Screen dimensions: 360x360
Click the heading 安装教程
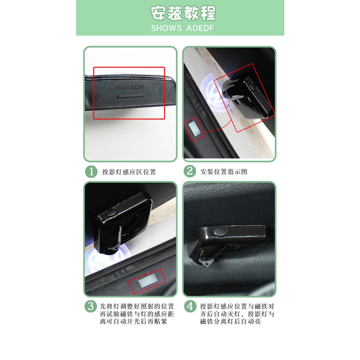pos(180,14)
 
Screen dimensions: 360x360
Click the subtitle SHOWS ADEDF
pos(180,28)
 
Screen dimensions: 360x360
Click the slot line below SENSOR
pos(131,97)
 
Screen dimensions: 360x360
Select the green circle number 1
pos(92,172)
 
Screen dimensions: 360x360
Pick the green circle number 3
pos(92,306)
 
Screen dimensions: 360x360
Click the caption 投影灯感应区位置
pos(129,172)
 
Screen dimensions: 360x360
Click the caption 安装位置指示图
pos(224,172)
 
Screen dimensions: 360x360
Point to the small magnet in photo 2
pos(194,128)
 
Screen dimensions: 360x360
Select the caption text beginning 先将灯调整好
pos(137,314)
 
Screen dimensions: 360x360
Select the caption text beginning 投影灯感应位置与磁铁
pos(237,314)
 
